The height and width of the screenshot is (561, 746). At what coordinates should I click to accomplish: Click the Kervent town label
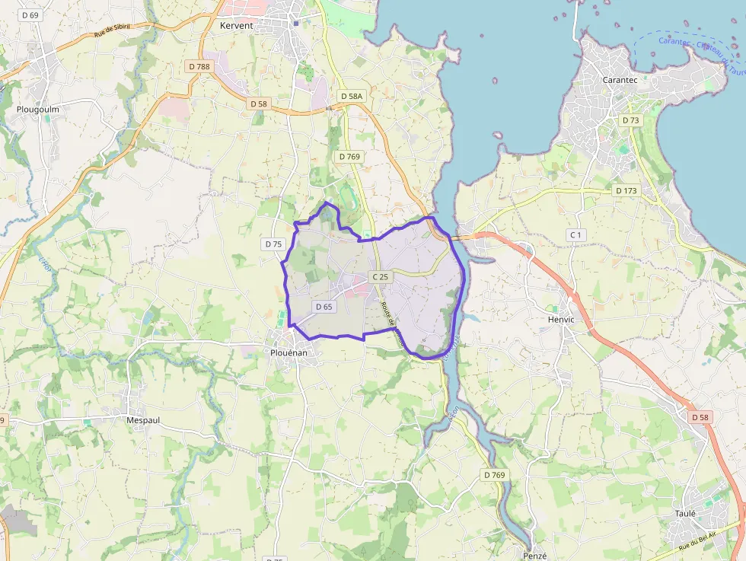pos(235,25)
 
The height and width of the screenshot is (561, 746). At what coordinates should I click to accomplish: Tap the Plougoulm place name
pos(38,109)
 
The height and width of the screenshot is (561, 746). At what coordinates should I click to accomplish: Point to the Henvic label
pos(560,319)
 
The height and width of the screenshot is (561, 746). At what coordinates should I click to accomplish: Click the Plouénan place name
pos(289,353)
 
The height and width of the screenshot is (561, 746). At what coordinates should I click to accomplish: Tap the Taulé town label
pos(685,513)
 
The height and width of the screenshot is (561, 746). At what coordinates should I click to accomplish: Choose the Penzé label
pos(535,556)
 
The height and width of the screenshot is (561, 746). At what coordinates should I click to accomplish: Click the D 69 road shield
pos(31,14)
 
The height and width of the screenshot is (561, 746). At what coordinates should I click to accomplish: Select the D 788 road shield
pos(199,66)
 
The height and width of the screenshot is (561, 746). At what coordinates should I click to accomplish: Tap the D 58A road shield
pos(352,96)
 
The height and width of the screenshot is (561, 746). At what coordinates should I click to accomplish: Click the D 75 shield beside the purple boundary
pos(273,244)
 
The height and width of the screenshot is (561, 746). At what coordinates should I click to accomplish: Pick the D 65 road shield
pos(324,307)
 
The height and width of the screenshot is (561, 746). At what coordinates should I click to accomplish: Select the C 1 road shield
pos(575,235)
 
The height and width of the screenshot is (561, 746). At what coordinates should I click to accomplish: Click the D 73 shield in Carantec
pos(630,120)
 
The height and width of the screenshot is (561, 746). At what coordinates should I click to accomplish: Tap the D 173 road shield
pos(626,190)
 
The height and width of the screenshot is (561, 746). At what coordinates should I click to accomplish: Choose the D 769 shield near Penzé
pos(493,475)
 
